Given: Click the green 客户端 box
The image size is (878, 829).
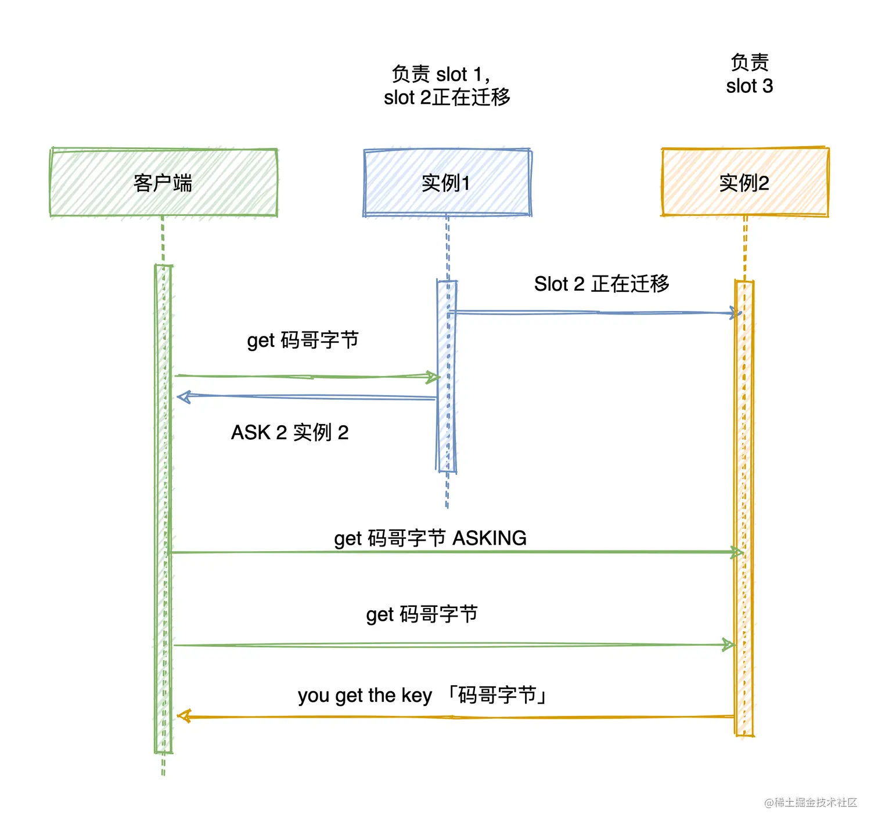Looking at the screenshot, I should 163,183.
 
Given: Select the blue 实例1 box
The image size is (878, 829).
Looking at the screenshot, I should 447,183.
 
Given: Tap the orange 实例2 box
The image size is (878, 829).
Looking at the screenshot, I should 744,183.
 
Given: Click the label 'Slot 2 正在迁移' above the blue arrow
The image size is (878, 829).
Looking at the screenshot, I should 602,284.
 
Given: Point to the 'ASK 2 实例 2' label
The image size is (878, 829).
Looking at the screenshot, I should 290,432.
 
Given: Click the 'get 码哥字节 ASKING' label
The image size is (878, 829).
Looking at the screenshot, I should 430,538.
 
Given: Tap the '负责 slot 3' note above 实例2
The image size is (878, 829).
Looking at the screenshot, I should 749,74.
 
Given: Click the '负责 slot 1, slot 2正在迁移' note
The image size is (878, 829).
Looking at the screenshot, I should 447,86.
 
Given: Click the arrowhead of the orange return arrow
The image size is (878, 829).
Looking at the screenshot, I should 183,716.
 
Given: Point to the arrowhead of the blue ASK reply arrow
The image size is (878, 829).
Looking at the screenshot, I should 183,397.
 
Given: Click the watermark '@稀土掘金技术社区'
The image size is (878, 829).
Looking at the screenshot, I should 811,802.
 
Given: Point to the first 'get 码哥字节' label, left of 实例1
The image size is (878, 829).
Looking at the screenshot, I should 303,340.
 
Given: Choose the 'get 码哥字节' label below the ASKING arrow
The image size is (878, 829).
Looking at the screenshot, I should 422,614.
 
